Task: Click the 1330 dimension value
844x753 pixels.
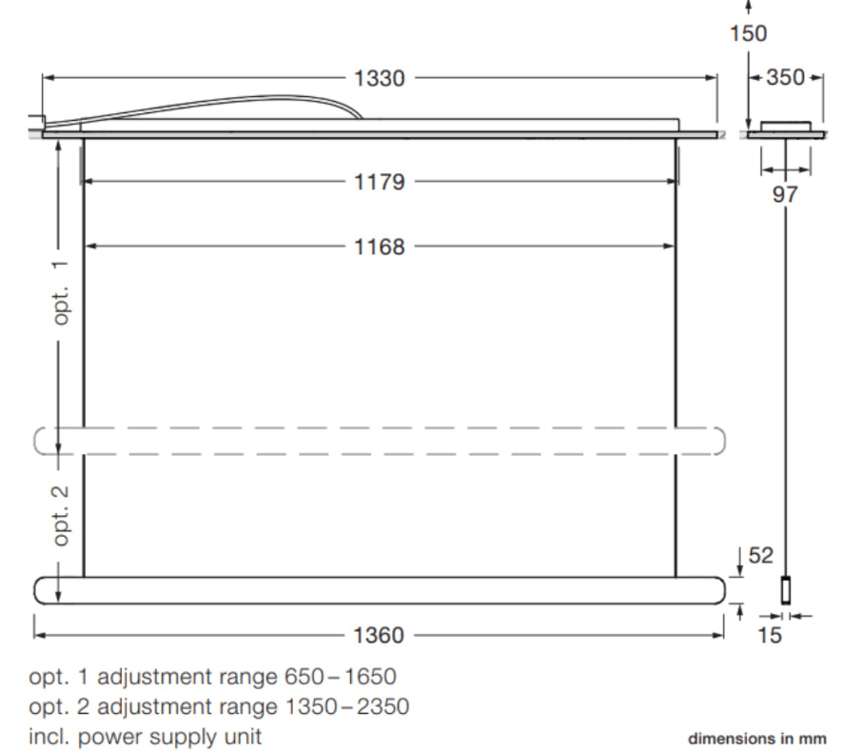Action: coord(379,79)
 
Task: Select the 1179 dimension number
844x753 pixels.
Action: coord(379,182)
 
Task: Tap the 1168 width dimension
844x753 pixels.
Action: coord(379,248)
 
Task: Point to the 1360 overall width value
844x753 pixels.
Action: coord(379,636)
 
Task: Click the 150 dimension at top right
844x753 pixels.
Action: coord(748,33)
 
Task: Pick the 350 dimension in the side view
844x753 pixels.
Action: coord(785,77)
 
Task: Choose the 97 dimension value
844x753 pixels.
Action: coord(785,194)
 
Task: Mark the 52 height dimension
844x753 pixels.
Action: coord(760,555)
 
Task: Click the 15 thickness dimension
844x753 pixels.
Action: coord(769,636)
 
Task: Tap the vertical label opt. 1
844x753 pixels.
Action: coord(61,292)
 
